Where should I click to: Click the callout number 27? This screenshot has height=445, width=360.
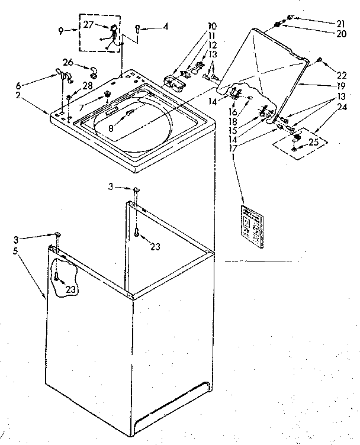pyautogui.click(x=88, y=25)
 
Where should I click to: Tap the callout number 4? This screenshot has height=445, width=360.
pyautogui.click(x=166, y=27)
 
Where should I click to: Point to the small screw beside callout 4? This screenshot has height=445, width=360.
pyautogui.click(x=137, y=27)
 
